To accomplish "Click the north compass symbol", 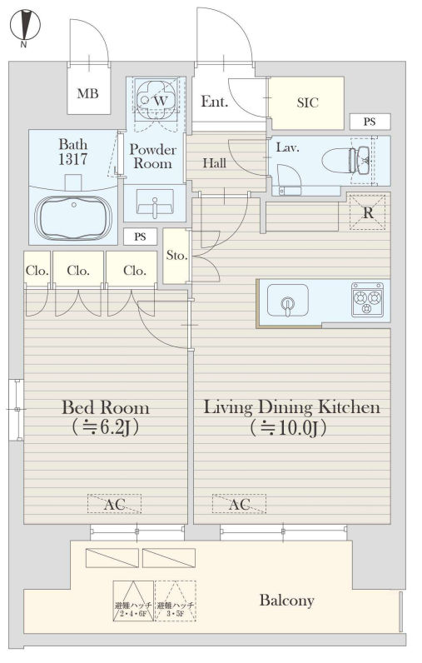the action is click(x=25, y=25).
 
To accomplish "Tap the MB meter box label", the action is click(x=88, y=93).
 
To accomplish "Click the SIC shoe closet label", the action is click(x=307, y=102).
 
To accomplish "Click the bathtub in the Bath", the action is click(x=73, y=218).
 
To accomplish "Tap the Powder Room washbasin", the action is click(x=155, y=203).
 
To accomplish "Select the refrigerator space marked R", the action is click(x=368, y=212).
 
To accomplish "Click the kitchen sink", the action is click(x=288, y=301).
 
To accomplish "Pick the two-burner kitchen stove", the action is click(x=368, y=300).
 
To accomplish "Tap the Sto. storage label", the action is click(x=176, y=256).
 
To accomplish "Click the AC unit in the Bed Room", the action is click(x=115, y=504).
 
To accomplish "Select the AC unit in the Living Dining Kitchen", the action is click(x=239, y=504).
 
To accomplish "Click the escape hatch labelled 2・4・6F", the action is click(x=133, y=601).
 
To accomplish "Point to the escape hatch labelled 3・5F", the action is click(x=176, y=601).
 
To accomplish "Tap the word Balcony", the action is click(x=287, y=601).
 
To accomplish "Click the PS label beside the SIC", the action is click(x=370, y=122).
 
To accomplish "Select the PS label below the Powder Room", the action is click(x=140, y=237).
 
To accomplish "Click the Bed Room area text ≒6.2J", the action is click(x=105, y=427).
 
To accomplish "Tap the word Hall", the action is click(x=214, y=162).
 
